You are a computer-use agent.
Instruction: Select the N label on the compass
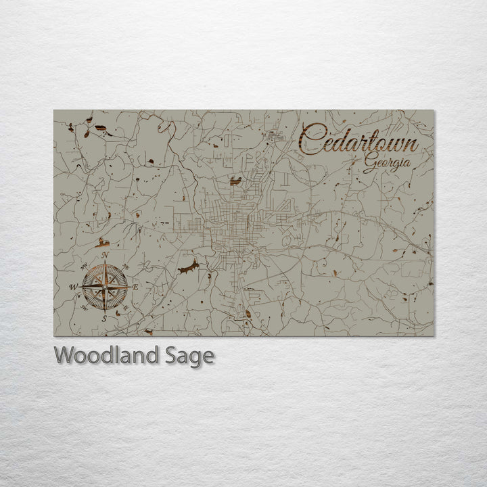(106, 255)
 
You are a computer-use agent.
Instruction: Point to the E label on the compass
(135, 287)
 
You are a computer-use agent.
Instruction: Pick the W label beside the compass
(73, 287)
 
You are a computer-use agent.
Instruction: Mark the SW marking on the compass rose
(83, 308)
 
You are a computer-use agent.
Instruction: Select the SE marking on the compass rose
(125, 308)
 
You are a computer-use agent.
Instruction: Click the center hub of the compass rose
(105, 287)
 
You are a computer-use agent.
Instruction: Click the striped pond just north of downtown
(235, 181)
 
